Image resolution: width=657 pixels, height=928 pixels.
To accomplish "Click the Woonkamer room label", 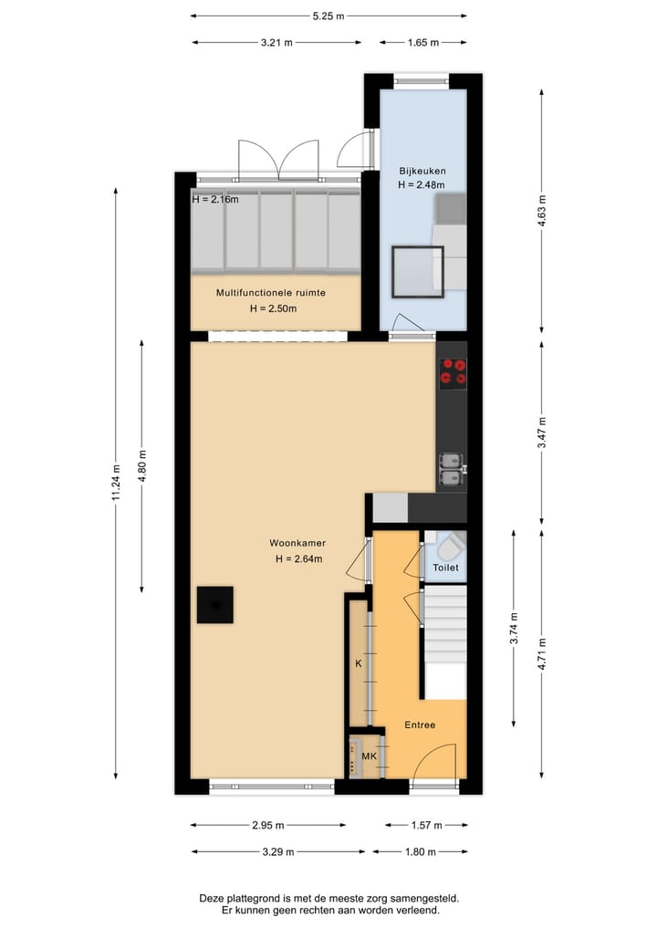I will [x=297, y=542].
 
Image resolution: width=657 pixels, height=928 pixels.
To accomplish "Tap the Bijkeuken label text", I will [x=421, y=171].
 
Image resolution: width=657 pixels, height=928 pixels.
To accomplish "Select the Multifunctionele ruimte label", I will [x=271, y=293].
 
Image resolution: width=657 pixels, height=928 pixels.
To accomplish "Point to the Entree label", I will [x=420, y=725].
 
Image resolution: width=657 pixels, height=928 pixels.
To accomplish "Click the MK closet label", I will [x=370, y=756].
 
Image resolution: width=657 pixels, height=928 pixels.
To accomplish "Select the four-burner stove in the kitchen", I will [x=453, y=371].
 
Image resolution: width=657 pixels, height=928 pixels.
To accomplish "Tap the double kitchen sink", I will [x=450, y=468].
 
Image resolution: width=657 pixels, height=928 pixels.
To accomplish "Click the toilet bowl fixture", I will [x=450, y=548].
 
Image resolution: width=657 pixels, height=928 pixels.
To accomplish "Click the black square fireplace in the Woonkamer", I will [x=215, y=604].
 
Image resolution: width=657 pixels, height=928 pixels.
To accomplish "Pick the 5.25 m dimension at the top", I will [x=329, y=16].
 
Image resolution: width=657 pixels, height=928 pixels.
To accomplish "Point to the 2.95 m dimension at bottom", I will [x=268, y=826].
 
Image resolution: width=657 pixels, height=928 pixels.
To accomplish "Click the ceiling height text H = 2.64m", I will [x=297, y=559].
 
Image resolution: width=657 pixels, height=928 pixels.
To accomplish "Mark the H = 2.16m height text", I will [x=215, y=199].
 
